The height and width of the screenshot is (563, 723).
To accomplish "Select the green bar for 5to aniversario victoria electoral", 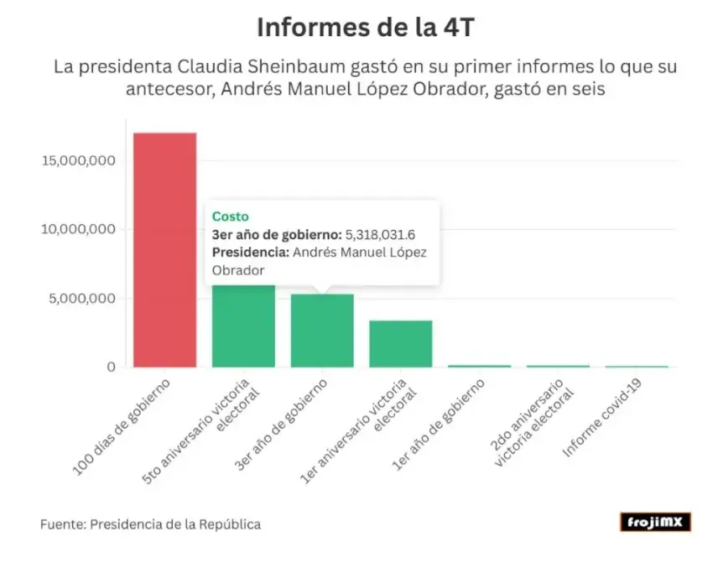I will click(x=243, y=326).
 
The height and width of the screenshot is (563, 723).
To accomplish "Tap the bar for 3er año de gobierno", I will click(x=322, y=331).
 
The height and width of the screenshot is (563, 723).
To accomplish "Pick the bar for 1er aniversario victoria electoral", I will click(x=401, y=344).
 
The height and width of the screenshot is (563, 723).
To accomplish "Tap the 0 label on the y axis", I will click(x=110, y=368).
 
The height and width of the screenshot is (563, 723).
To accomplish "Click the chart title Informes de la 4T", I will click(x=361, y=27).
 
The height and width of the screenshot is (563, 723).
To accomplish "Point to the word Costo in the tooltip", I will click(x=230, y=216).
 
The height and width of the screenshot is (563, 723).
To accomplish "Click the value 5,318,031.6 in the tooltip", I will click(x=381, y=234).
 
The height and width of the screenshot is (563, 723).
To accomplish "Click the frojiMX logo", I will click(x=655, y=523).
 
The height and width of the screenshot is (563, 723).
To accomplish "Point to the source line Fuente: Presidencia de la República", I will click(x=150, y=524).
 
